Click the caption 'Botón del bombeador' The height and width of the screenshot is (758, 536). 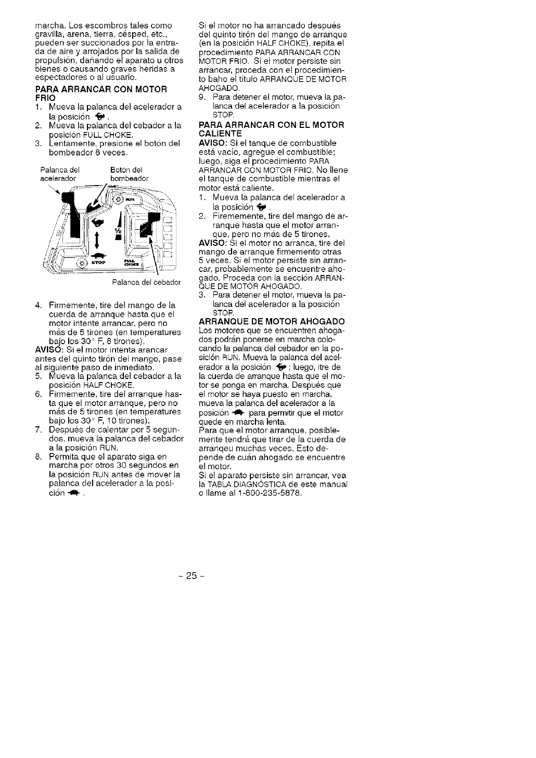coord(129,174)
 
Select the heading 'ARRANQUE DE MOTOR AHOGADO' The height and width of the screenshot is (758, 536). coord(272,321)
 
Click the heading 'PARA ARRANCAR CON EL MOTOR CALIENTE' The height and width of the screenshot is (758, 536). coord(272,129)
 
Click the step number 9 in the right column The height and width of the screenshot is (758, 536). coord(202,97)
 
